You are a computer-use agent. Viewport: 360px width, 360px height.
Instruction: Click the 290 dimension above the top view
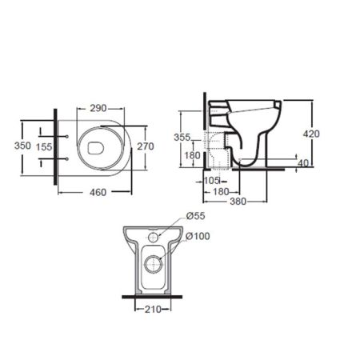point(99,106)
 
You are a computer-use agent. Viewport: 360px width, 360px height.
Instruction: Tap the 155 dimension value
point(45,146)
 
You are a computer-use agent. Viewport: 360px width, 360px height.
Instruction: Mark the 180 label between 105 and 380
point(222,191)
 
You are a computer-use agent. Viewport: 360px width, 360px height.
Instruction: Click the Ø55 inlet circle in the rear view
point(155,238)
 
